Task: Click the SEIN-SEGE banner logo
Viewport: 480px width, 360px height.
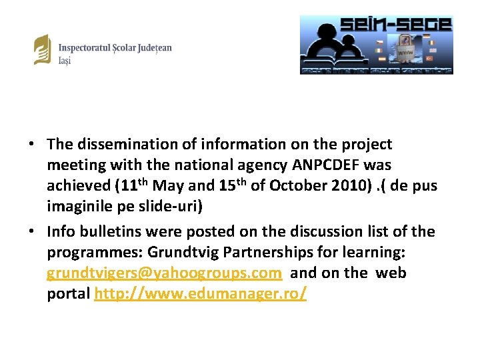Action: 376,45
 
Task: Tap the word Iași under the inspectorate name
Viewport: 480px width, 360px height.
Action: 65,61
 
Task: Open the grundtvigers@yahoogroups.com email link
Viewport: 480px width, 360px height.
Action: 164,273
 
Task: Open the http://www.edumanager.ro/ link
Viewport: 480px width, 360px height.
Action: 201,295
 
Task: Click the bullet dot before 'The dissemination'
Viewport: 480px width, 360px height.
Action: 32,145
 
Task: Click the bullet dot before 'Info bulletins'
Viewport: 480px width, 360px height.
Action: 32,232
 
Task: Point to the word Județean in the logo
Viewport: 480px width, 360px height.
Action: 150,48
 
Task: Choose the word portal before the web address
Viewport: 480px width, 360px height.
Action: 68,295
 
